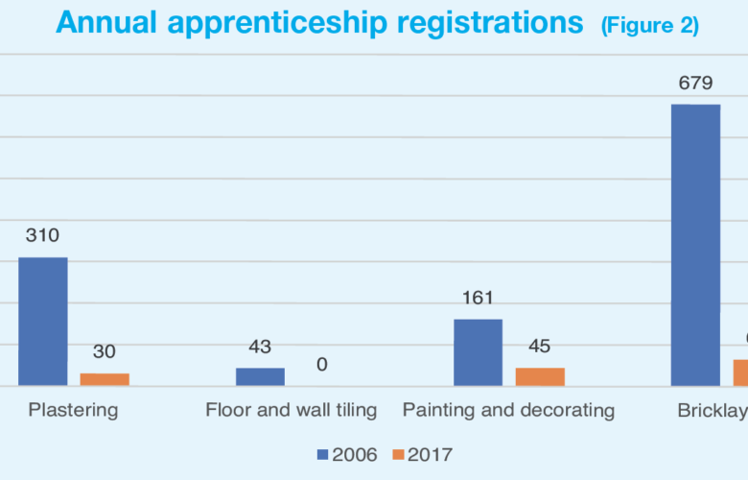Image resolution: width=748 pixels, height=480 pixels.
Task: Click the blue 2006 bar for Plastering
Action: [43, 322]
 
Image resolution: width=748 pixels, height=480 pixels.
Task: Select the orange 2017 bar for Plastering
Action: [105, 379]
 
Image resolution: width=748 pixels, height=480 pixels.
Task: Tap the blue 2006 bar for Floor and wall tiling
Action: [260, 376]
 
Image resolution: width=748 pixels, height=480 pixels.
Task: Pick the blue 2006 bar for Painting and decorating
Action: [478, 352]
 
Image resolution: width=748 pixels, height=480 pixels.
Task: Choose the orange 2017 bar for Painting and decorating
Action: [540, 376]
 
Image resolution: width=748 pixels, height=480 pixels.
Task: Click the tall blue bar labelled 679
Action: [695, 245]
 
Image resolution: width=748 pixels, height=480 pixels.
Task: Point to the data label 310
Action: [42, 235]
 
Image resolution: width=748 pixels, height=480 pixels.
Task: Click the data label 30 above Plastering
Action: [105, 351]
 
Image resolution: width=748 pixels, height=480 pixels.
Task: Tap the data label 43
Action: [260, 347]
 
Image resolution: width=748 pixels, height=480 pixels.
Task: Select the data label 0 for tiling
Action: [321, 365]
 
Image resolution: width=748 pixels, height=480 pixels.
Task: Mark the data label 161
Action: [478, 298]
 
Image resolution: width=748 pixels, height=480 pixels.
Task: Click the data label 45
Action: [540, 347]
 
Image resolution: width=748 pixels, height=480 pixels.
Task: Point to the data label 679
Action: [695, 83]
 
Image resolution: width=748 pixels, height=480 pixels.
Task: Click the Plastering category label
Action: [73, 410]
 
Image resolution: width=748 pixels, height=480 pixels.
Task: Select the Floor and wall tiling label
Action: [291, 410]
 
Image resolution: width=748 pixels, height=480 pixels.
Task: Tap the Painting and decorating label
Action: [508, 410]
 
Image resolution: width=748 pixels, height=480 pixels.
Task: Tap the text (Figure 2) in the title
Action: [649, 25]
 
